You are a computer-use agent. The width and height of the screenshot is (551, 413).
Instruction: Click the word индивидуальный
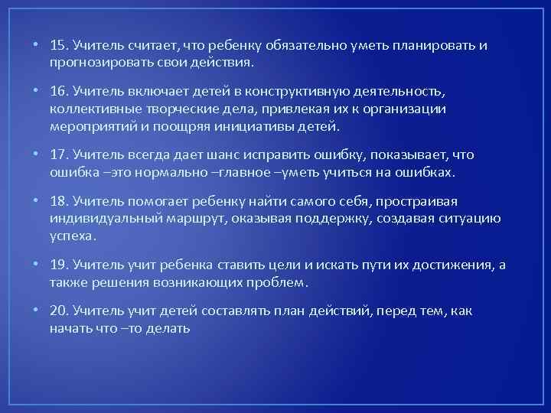click(103, 219)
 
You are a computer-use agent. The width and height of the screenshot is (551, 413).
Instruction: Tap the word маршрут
click(198, 219)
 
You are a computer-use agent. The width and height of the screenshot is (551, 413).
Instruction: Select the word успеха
click(71, 236)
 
